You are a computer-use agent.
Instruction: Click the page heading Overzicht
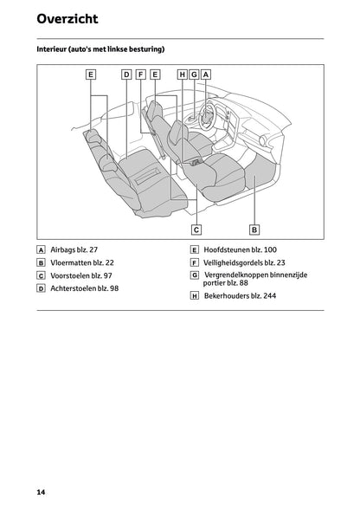coord(67,18)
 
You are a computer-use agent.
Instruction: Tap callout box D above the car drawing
coord(126,74)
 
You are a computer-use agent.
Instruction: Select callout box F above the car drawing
coord(140,74)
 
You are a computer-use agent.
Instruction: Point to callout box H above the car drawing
coord(182,74)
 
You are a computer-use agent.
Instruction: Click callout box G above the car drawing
coord(194,74)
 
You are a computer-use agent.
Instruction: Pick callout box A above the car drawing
coord(206,74)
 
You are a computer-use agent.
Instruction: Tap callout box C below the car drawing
coord(196,230)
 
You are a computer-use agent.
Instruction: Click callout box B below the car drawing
coord(254,230)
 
